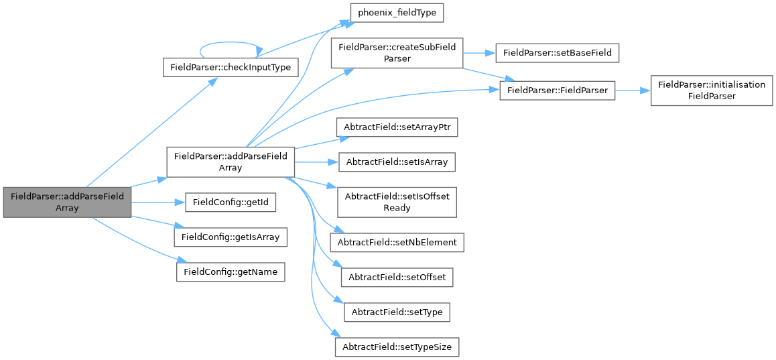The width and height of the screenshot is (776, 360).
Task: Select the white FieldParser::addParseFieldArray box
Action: point(230,162)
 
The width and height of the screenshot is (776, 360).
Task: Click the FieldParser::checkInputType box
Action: point(231,68)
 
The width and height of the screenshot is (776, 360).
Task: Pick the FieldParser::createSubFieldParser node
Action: point(397,52)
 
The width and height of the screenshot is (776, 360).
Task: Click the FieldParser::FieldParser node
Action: point(557,90)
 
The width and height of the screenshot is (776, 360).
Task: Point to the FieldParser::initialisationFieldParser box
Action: point(703,90)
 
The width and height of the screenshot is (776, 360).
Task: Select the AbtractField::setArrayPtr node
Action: point(397,126)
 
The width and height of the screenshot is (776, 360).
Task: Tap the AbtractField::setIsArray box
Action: point(397,162)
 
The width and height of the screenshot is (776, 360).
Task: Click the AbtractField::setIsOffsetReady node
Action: point(397,201)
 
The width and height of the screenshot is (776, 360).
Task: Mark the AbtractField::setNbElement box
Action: point(397,241)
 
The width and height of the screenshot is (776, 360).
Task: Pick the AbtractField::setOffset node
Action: point(397,277)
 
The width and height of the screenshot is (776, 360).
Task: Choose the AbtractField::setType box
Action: point(397,312)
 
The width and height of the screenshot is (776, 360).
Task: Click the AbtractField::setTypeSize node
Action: point(397,347)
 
